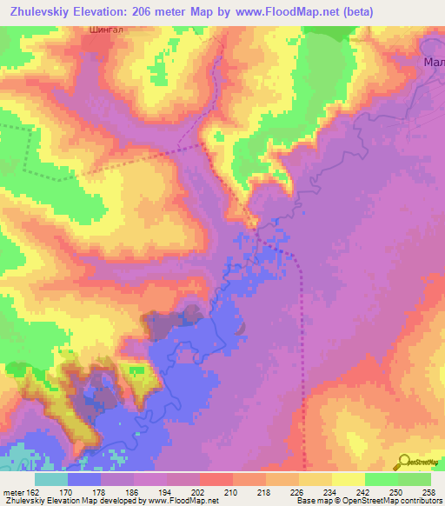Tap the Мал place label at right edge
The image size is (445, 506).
433,62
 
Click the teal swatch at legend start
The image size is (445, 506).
51,479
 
